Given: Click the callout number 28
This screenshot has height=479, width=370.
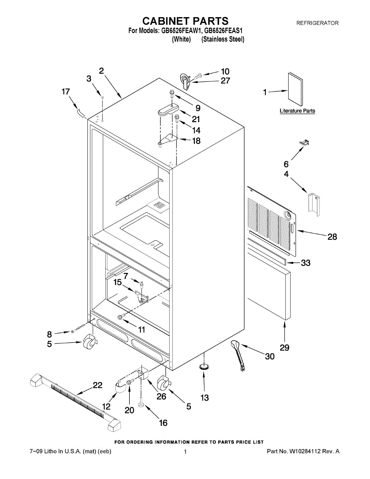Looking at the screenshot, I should tap(332, 237).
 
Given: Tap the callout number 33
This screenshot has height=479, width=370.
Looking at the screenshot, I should tap(306, 263).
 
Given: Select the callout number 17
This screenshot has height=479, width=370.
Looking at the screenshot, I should tap(65, 92).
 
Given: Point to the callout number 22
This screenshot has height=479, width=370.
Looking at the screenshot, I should tap(97, 385).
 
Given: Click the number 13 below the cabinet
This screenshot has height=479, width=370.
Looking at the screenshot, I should tap(204, 398).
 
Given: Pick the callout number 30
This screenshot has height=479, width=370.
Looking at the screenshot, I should tap(270, 356).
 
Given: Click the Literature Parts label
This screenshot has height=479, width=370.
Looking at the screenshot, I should tap(297, 111).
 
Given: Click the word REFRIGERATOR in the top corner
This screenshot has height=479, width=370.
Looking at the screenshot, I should tap(317, 23).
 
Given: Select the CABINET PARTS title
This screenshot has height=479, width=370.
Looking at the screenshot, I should tap(186, 21).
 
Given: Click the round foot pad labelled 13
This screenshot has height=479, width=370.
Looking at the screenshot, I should tap(204, 366).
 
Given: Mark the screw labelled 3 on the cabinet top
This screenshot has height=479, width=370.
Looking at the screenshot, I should tap(103, 97).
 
